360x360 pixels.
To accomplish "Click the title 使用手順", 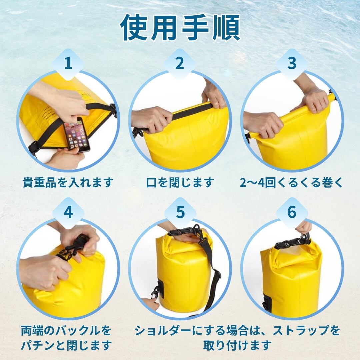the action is (180, 27).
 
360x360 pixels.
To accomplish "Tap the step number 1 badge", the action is (68, 63).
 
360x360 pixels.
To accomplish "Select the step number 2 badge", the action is (180, 63).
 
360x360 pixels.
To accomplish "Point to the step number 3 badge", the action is (292, 63).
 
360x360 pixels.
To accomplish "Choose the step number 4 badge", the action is (68, 213).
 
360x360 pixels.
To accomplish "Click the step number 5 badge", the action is (180, 213).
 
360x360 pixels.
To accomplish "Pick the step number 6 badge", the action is (292, 213).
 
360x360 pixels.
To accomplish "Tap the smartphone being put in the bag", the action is (76, 134).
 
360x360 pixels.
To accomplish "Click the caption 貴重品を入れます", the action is (68, 183).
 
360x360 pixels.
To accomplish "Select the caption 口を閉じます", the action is (180, 183).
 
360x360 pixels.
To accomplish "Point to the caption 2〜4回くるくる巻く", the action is (291, 183).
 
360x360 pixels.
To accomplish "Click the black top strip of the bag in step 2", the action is (192, 111).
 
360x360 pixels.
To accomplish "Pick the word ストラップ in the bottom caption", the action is (301, 331).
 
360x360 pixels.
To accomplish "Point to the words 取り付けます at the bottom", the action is (237, 345).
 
